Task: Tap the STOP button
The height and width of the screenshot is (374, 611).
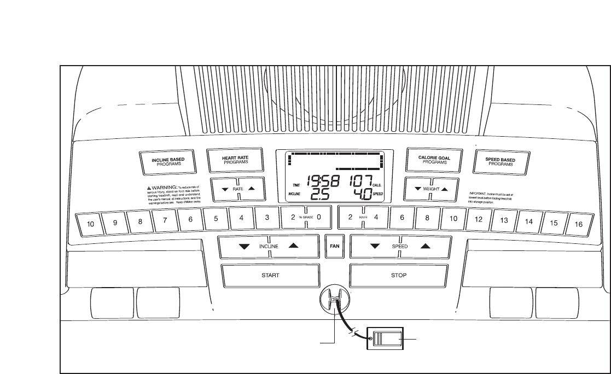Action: [399, 275]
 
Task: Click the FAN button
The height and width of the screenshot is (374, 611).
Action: [334, 246]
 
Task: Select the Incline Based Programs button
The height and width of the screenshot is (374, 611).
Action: [168, 161]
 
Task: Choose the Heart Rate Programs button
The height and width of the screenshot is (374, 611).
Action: [235, 160]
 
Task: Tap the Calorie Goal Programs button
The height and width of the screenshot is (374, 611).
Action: [434, 160]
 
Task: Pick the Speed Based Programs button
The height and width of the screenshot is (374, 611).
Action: [501, 161]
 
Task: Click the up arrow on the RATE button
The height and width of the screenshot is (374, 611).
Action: [251, 188]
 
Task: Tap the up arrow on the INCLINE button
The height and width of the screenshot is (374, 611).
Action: [294, 246]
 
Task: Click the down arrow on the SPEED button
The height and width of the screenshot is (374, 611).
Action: [375, 246]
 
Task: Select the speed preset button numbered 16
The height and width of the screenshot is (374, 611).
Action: [577, 224]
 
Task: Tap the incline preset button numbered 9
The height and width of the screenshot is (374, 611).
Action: [115, 223]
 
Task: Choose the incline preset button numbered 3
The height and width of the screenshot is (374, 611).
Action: [267, 217]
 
